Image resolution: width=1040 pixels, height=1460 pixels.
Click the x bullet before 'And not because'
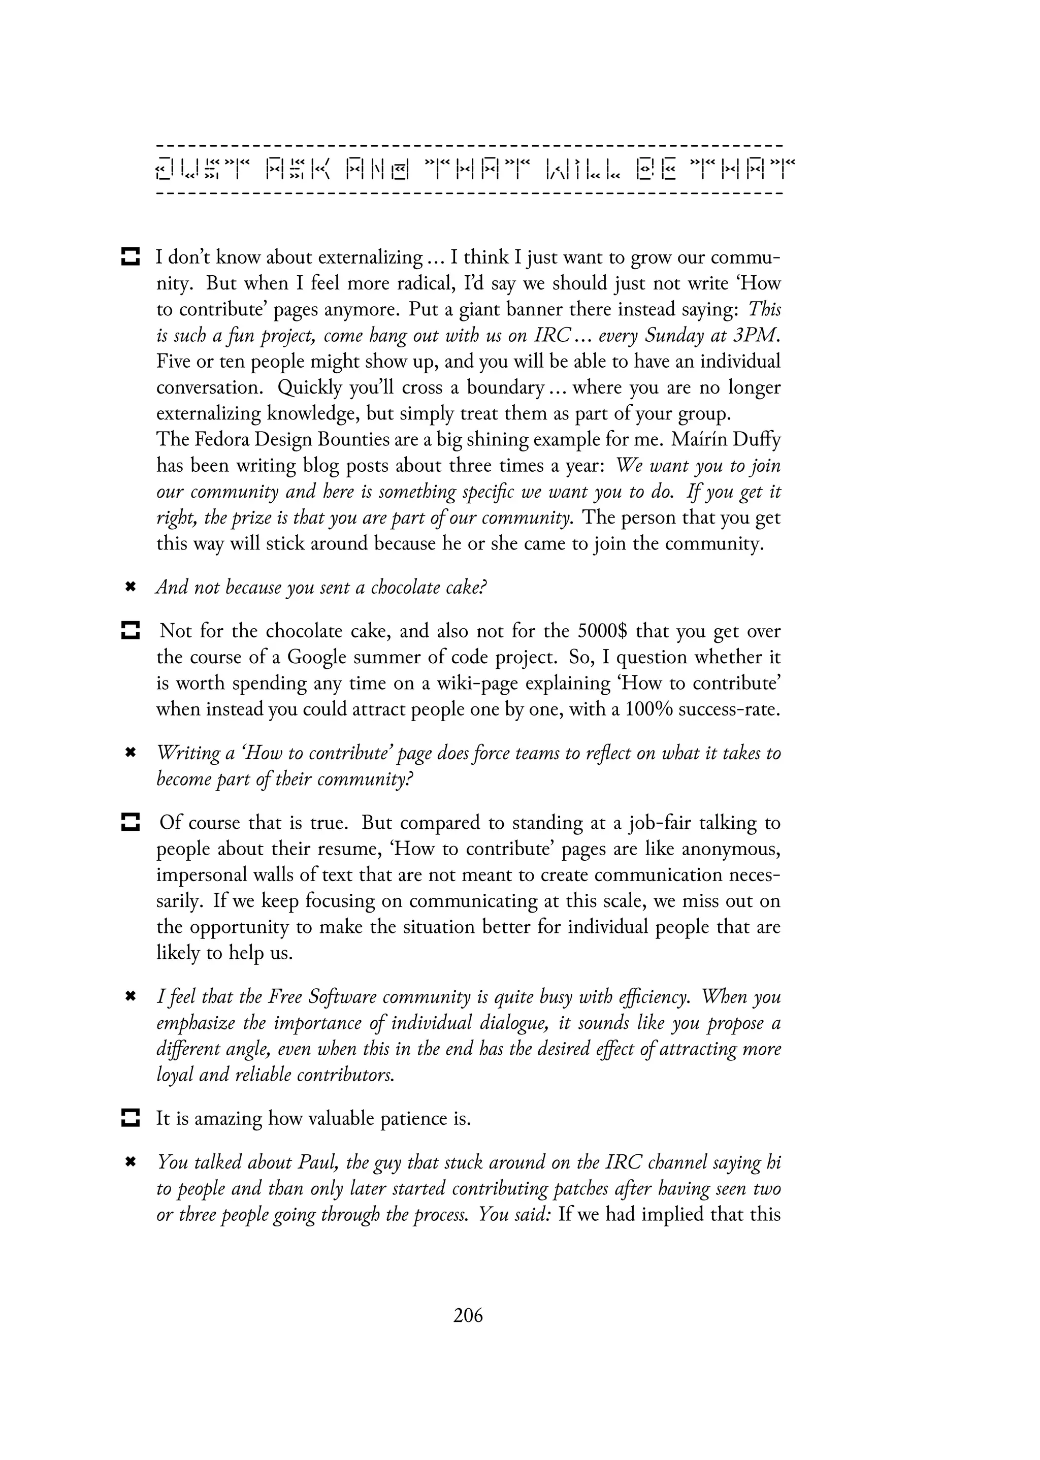click(130, 587)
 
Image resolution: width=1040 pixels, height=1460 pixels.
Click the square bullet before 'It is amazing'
click(130, 1119)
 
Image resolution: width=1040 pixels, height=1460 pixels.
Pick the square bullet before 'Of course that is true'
click(130, 822)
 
